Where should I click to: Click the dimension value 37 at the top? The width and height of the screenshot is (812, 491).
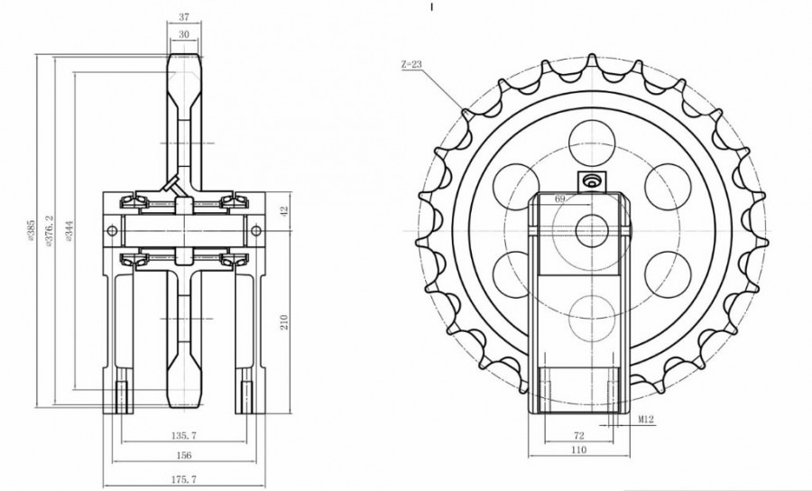coord(183,17)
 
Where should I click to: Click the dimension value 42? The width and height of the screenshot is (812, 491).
coord(283,211)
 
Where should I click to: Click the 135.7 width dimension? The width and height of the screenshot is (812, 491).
coord(185,435)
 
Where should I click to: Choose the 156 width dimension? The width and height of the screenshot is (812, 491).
coord(185,456)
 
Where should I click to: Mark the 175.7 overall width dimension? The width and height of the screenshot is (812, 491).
coord(185,478)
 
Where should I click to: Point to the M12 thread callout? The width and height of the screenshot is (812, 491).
coord(646,420)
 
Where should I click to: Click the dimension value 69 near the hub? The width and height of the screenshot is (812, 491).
coord(559,198)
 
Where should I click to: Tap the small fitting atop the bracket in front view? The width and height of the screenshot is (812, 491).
coord(592,181)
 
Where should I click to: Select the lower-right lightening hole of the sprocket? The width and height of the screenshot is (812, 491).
coord(669,270)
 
